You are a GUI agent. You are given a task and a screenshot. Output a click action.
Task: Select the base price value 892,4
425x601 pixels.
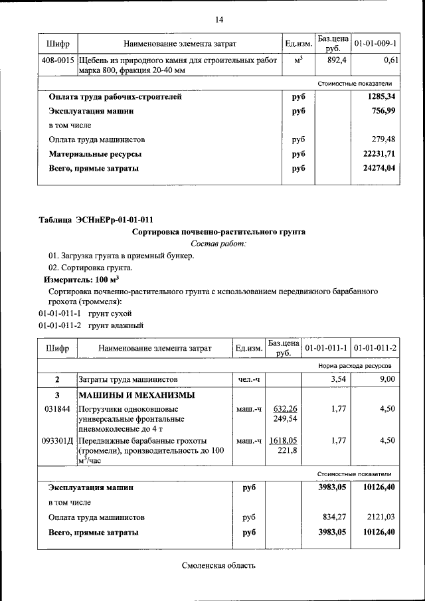pyautogui.click(x=332, y=60)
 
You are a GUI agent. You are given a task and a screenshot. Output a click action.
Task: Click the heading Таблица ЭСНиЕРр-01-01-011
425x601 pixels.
pyautogui.click(x=98, y=220)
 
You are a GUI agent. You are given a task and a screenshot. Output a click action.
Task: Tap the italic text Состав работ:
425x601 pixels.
pyautogui.click(x=218, y=244)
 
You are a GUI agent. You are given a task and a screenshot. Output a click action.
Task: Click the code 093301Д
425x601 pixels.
pyautogui.click(x=57, y=440)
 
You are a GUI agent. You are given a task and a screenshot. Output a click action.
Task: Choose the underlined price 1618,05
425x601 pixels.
pyautogui.click(x=284, y=440)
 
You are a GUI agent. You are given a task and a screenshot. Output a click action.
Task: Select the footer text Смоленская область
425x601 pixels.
pyautogui.click(x=218, y=566)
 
